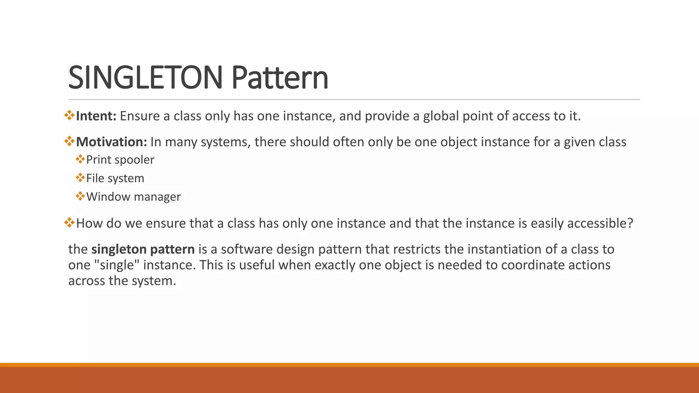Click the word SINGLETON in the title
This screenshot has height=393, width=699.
tap(145, 78)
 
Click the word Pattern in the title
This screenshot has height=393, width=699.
tap(280, 78)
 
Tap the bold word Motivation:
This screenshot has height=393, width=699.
tap(111, 142)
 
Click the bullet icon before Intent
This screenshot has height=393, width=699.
tap(69, 115)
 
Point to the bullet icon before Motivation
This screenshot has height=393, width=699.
tap(69, 141)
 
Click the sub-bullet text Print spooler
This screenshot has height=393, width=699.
tap(120, 160)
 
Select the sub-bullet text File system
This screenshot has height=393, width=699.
tap(115, 178)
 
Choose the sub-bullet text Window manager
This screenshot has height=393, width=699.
tap(133, 197)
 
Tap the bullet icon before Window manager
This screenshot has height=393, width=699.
tap(80, 196)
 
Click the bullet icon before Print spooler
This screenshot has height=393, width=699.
tap(80, 159)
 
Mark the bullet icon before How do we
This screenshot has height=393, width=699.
tap(69, 222)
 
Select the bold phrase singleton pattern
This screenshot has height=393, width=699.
tap(143, 249)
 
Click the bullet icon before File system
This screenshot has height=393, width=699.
tap(80, 177)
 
